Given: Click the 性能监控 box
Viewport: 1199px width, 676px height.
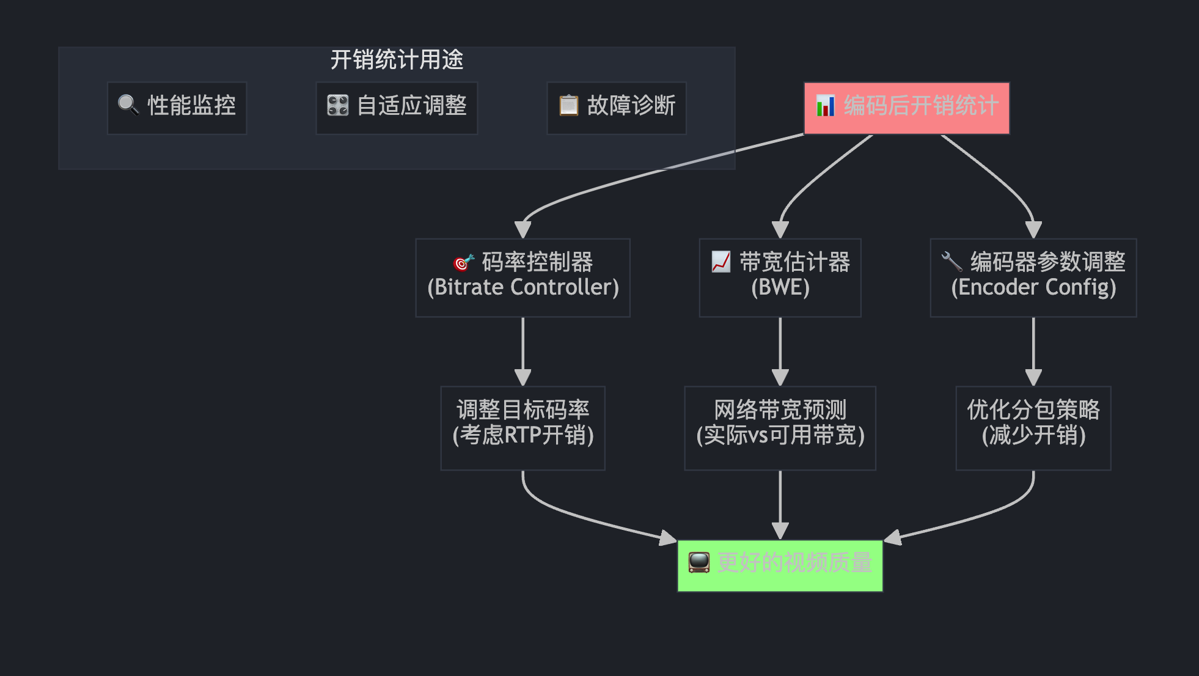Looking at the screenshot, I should point(177,108).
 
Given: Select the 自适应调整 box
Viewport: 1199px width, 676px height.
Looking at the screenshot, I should point(396,108).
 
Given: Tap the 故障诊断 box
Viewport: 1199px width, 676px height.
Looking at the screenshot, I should point(616,108).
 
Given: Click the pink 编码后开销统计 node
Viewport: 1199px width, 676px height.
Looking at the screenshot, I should point(906,108).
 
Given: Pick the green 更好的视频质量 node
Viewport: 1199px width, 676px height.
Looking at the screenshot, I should point(780,565).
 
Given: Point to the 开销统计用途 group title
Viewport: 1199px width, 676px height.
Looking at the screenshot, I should point(397,60).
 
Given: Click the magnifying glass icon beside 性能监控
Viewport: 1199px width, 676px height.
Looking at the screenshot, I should point(128,105).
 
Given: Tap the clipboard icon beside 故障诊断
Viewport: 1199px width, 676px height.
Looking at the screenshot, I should point(568,105).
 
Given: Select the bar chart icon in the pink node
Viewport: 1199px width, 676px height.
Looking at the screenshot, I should point(825,106).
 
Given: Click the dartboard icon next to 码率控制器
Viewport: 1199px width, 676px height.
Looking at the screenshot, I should point(463,262).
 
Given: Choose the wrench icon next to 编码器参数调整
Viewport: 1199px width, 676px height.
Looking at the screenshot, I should point(952,262).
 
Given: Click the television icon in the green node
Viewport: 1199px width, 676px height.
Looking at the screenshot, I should point(698,562).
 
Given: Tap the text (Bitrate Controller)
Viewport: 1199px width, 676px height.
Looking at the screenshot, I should point(523,287).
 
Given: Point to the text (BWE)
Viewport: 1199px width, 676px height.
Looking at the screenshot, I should point(780,287).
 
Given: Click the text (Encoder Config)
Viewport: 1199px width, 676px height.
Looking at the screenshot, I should point(1033,287).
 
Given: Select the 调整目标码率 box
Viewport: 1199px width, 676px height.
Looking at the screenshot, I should point(522,428).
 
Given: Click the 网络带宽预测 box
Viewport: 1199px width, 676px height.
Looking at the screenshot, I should point(780,428).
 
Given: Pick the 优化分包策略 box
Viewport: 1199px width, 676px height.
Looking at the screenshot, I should point(1033,428).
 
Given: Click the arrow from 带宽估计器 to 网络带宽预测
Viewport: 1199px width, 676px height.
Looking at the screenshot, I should point(780,351).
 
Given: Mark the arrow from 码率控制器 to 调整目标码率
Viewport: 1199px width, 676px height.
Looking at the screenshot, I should point(522,351).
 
